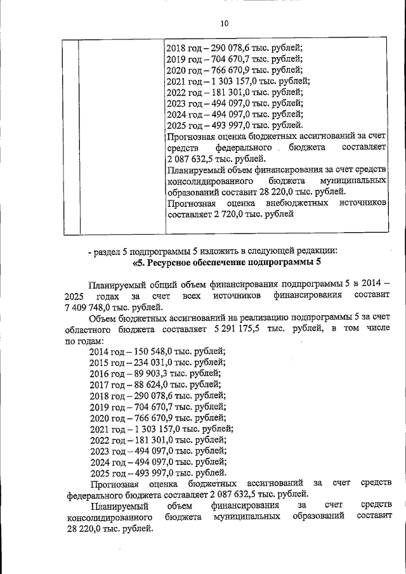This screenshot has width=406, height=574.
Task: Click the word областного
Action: point(90,330)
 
